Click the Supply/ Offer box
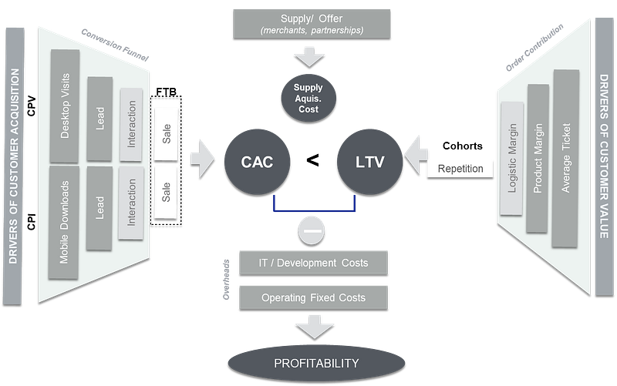(x=313, y=22)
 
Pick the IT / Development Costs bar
(x=313, y=263)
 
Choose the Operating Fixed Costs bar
(x=313, y=297)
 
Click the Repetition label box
(x=460, y=168)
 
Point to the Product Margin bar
(x=538, y=157)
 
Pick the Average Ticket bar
(x=566, y=158)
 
